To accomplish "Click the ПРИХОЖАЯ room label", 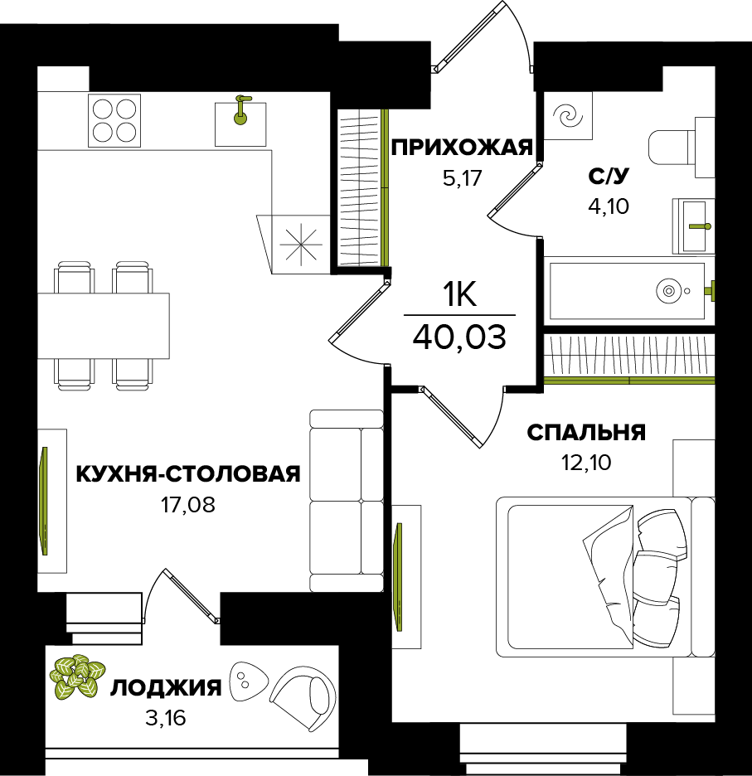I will coord(461,148).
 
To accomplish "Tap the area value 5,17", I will coord(462,178).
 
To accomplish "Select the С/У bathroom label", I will coord(609,176).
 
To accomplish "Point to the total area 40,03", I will coord(458,338).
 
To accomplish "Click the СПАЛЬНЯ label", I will coord(586,433).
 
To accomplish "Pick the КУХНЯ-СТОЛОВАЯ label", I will coord(187,474).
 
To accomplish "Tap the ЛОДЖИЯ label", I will coord(166,688).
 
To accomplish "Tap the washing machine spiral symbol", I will coord(569,116).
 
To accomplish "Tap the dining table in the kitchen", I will coord(104,326).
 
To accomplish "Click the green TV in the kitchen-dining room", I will coord(45,501).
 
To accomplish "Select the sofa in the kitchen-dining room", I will coord(346,500).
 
